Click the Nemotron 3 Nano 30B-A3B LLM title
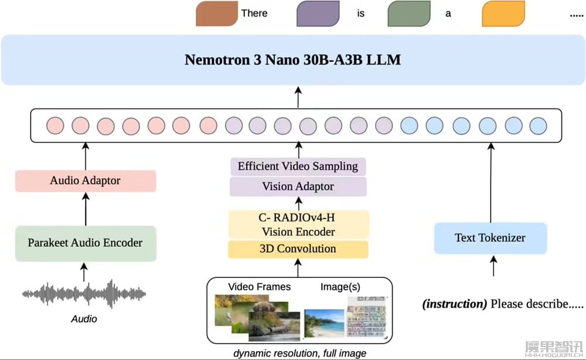(292, 60)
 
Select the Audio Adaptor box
(86, 181)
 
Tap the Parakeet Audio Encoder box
(86, 243)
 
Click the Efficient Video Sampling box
(298, 166)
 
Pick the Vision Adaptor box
(298, 186)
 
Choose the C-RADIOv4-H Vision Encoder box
(298, 225)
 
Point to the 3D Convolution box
(298, 249)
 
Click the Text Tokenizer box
(490, 238)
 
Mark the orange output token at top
(503, 13)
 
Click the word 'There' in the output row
(254, 13)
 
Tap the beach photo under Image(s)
(324, 323)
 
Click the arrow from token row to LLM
(298, 97)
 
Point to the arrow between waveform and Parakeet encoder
(84, 271)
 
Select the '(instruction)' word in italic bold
(455, 304)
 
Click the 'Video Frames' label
(259, 287)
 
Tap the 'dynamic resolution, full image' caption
(299, 353)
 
